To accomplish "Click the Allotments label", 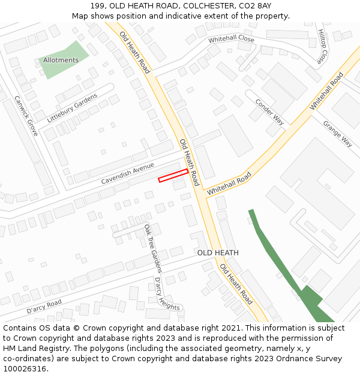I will (61, 60).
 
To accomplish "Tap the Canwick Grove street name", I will (26, 116).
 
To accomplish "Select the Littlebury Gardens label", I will (72, 108).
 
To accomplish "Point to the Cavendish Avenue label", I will (127, 173).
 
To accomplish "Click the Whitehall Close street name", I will (231, 39).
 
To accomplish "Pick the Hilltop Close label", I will (323, 46).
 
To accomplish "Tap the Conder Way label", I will (269, 111).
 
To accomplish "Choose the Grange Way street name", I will (337, 134).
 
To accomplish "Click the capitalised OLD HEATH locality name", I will (218, 253).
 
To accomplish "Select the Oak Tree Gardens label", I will (153, 248).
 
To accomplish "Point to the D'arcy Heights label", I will (167, 293).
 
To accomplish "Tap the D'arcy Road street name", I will (44, 307).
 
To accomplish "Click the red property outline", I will (173, 175).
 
